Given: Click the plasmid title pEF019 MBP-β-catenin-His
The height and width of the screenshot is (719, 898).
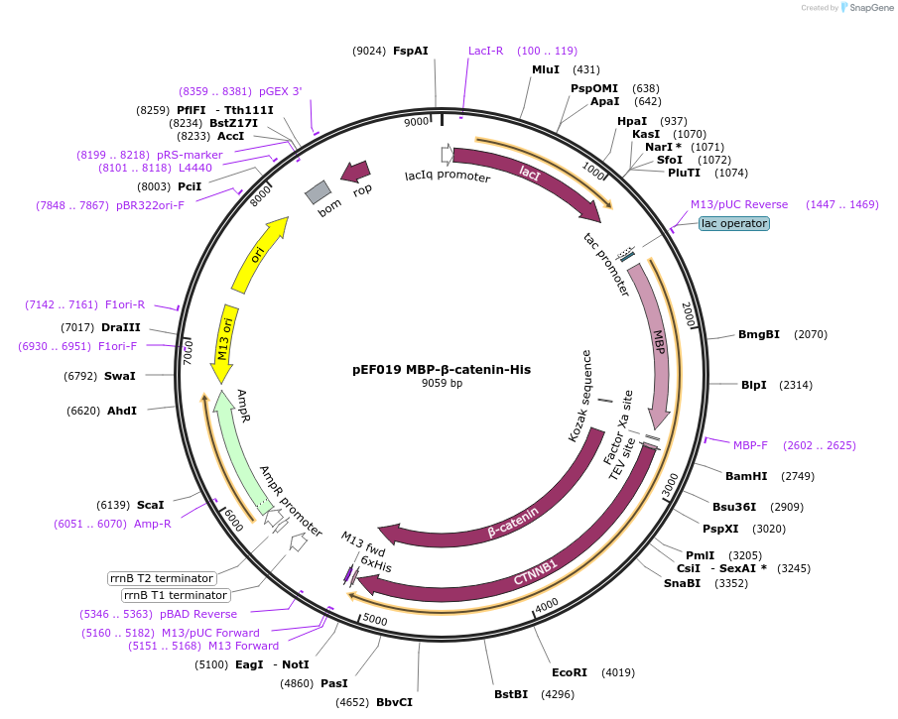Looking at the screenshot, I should [442, 369].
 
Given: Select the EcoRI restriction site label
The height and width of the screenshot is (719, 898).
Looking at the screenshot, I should [570, 672].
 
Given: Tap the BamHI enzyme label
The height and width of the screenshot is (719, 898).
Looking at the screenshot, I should [746, 476].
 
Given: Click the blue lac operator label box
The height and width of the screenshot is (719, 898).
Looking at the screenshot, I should [733, 223].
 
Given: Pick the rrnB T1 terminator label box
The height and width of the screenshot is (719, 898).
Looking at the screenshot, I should [176, 595].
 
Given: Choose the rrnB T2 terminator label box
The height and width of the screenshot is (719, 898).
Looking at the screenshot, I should [162, 578].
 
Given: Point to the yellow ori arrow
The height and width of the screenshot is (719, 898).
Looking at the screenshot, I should [261, 255].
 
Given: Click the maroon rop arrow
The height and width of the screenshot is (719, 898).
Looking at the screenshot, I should [354, 172].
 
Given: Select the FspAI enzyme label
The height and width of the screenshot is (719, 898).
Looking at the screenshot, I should [411, 51].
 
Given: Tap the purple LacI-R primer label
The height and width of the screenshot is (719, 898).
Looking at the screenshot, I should [486, 51].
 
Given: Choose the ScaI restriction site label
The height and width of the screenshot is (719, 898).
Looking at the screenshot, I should [151, 505].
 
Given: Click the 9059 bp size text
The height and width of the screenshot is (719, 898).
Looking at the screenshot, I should [442, 383].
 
